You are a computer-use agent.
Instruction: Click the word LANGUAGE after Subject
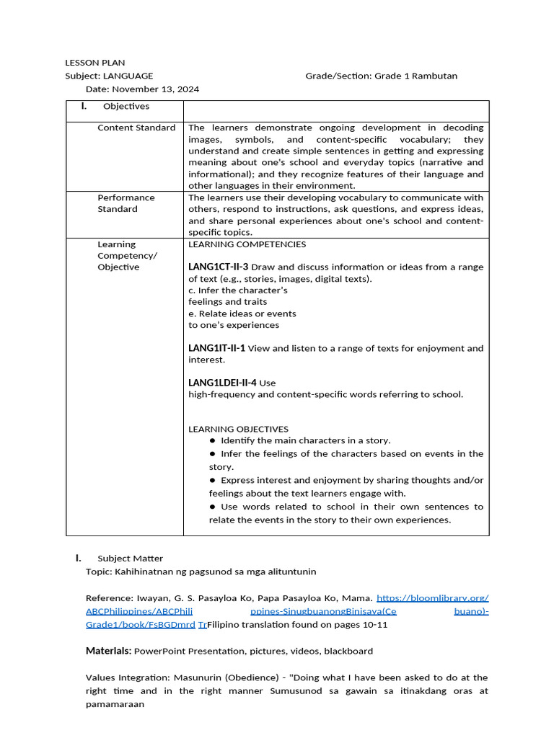[128, 76]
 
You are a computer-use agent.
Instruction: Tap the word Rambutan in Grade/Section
[435, 76]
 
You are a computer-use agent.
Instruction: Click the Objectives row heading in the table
[126, 107]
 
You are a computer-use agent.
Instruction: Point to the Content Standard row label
[136, 128]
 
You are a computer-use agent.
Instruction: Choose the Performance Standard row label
[126, 203]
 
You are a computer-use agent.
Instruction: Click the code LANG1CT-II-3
[218, 267]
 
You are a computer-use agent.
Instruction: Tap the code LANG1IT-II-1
[216, 348]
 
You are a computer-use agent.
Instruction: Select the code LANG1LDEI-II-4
[222, 383]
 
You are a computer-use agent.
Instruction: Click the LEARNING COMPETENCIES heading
[247, 244]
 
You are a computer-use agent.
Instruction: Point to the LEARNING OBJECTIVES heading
[238, 429]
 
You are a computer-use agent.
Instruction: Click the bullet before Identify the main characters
[213, 440]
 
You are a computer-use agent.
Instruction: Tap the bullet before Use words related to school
[213, 507]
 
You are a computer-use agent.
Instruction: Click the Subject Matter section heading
[130, 559]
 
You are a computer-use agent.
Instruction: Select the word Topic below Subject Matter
[97, 572]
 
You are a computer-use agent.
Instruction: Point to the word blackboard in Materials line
[348, 652]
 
